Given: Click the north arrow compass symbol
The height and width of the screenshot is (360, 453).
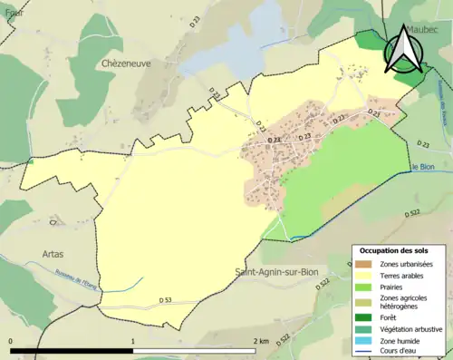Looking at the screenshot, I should click(404, 51).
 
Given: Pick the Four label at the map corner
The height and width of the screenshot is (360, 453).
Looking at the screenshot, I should click(13, 13).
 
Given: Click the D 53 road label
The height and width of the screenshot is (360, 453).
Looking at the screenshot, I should click(166, 300).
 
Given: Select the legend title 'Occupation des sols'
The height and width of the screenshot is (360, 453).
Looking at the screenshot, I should click(394, 250).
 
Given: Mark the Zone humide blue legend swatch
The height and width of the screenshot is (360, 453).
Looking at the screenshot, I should click(364, 342).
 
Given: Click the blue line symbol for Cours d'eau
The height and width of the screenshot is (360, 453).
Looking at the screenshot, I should click(364, 353).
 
